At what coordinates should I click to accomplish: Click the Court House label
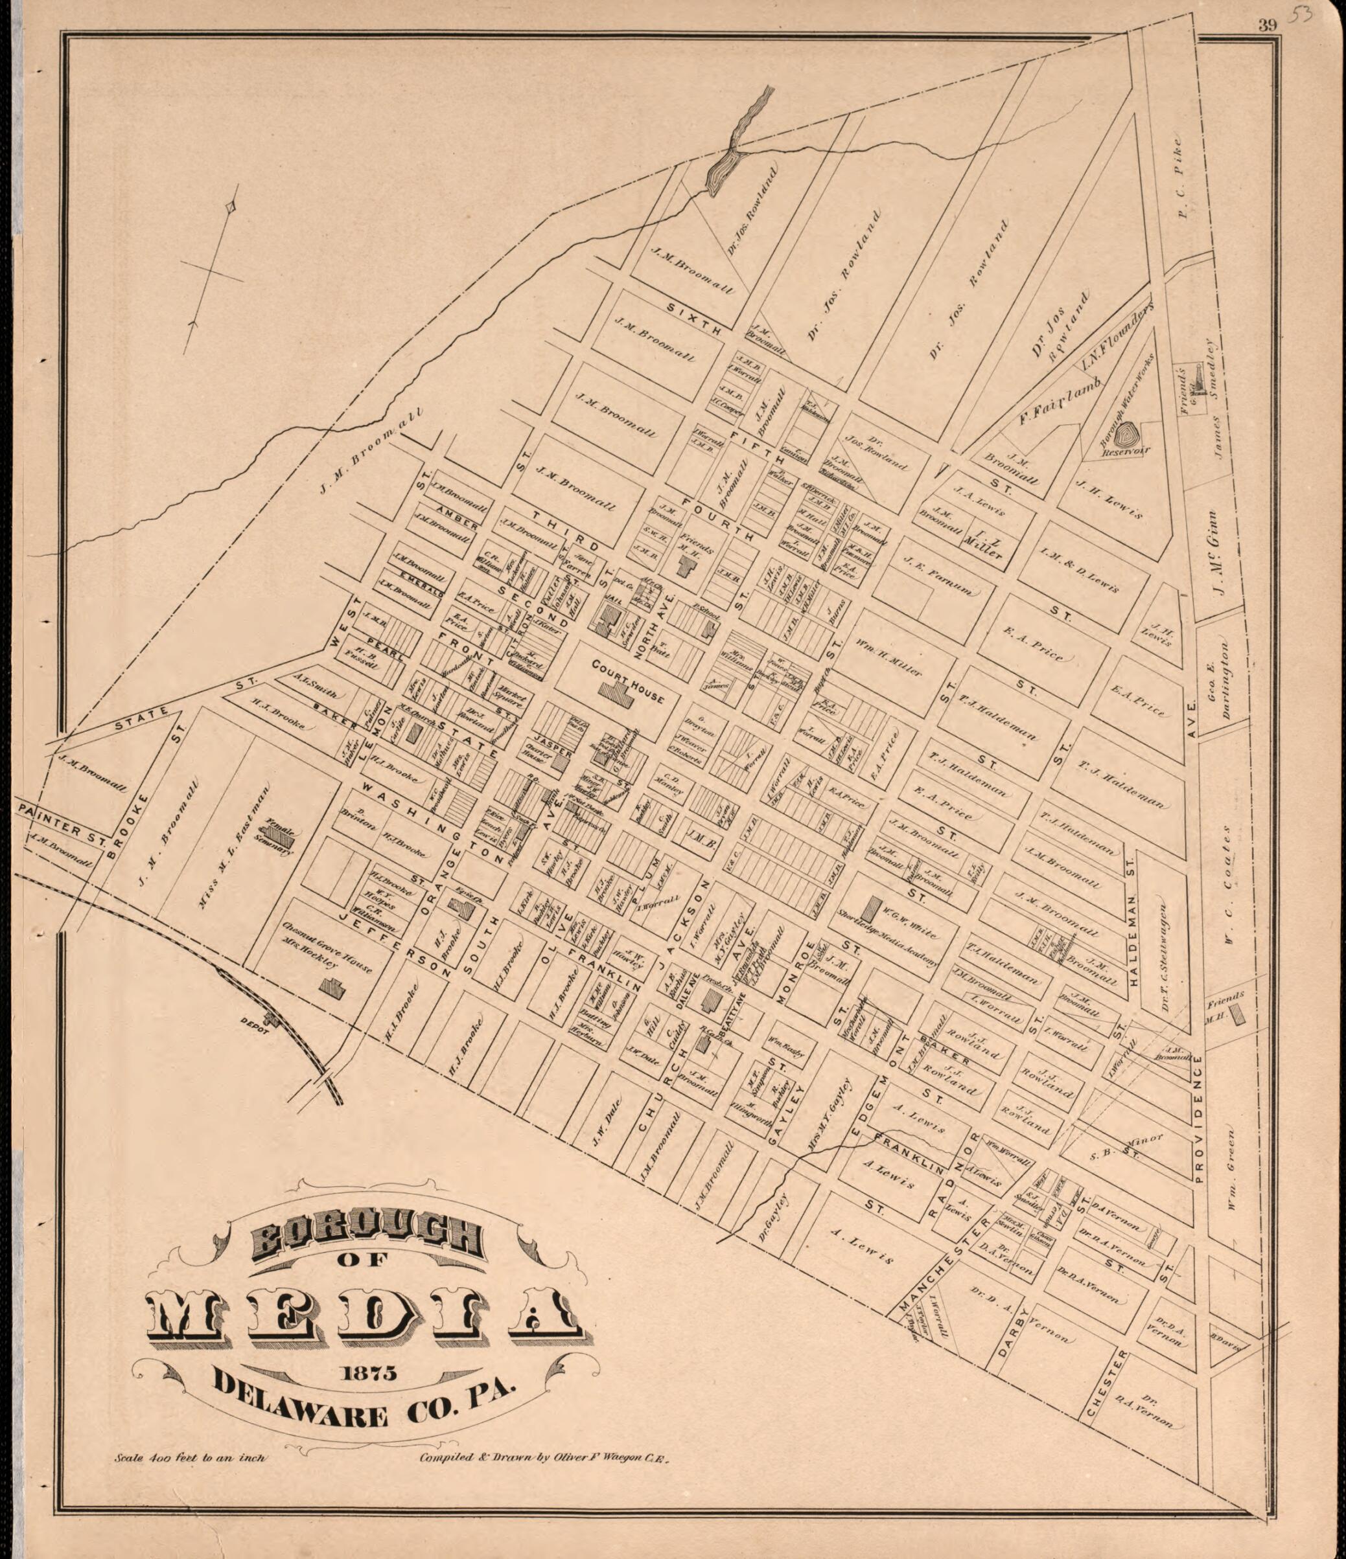tap(628, 680)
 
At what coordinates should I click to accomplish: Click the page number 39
tap(1267, 25)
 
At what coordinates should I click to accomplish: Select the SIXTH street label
tap(694, 318)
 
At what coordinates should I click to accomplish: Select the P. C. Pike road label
tap(1180, 178)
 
